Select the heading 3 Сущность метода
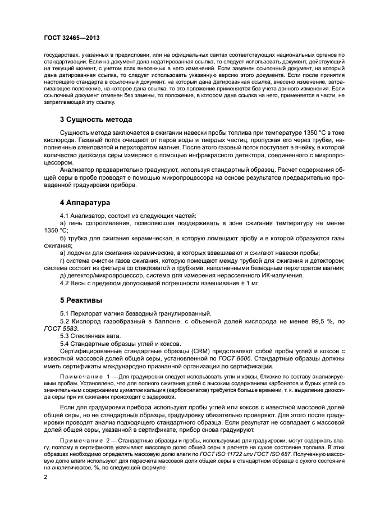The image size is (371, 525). point(96,120)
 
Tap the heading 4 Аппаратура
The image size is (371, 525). point(85,202)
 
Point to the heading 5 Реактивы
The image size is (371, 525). point(81,300)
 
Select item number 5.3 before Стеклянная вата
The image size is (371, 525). point(65,335)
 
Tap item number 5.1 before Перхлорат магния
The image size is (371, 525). point(65,313)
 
